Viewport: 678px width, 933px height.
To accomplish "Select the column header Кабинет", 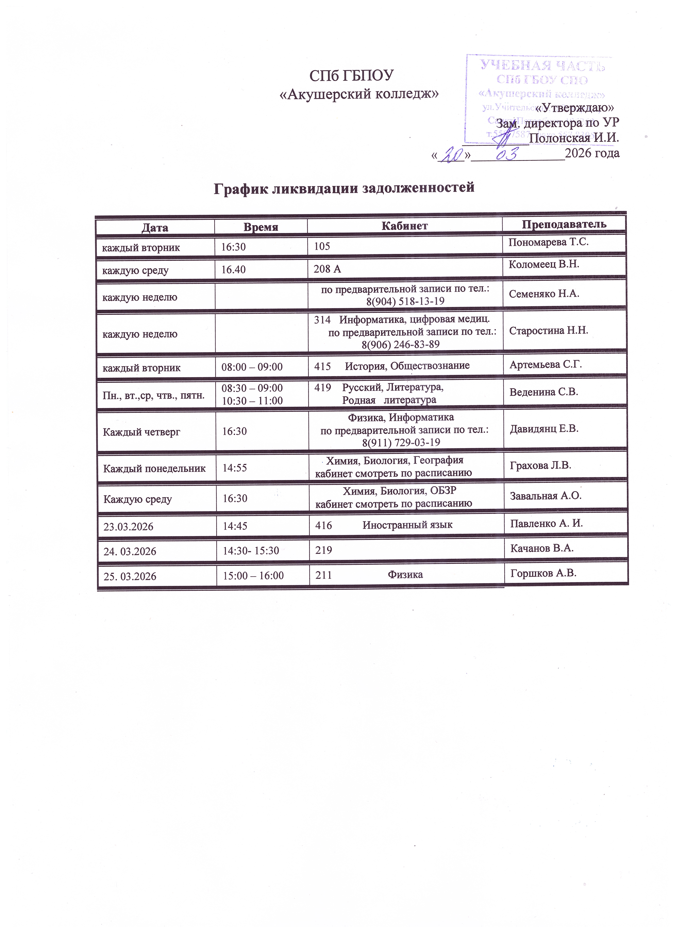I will pyautogui.click(x=404, y=226).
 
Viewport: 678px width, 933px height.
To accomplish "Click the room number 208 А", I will pyautogui.click(x=327, y=269).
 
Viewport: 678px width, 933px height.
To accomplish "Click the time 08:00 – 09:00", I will pyautogui.click(x=252, y=367).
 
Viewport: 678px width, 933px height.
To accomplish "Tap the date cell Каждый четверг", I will pyautogui.click(x=142, y=432).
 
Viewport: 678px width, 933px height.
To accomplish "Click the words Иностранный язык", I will pyautogui.click(x=407, y=525).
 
